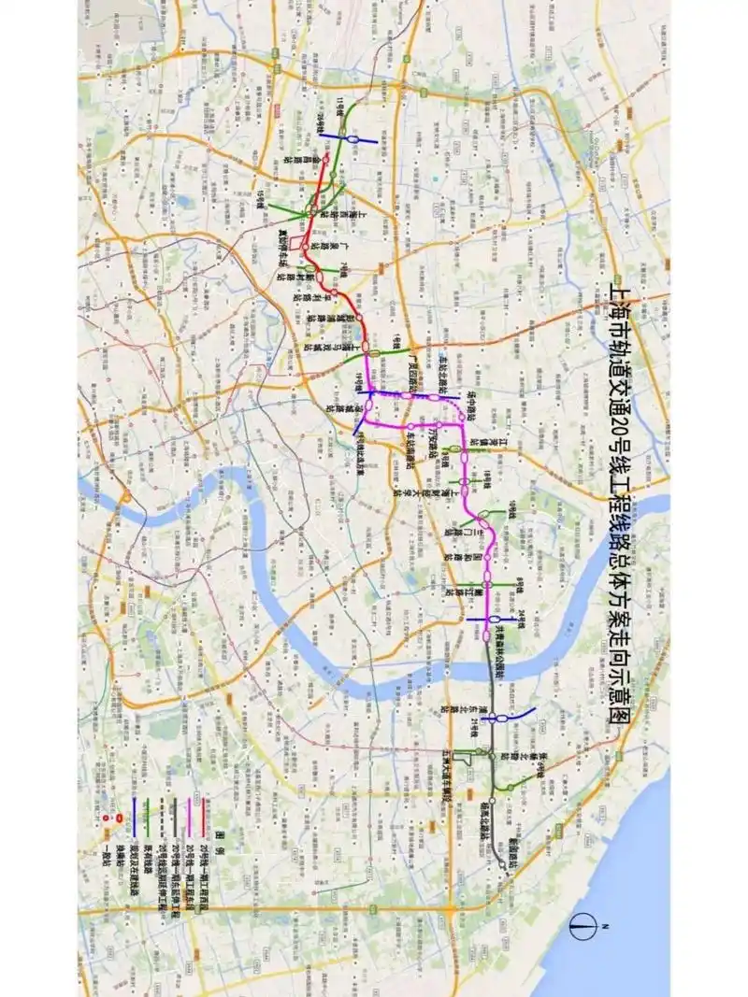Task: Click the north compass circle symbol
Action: pyautogui.click(x=583, y=926)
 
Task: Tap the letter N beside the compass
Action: pyautogui.click(x=606, y=926)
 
